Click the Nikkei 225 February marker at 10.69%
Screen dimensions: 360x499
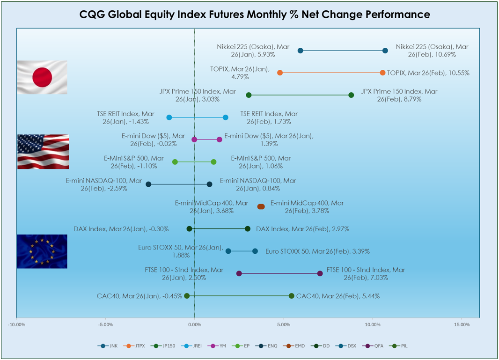[x=385, y=51]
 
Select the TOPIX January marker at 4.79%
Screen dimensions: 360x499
[x=280, y=73]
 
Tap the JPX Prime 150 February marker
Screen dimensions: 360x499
[x=351, y=95]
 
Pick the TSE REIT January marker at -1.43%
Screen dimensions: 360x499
[x=169, y=117]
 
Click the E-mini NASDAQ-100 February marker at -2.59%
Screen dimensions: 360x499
[x=148, y=184]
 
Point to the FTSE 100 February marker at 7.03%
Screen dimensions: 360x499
[x=320, y=273]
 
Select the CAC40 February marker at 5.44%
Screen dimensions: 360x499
[x=292, y=296]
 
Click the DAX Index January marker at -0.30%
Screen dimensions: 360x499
[x=189, y=229]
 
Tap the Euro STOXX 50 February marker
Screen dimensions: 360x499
[x=255, y=251]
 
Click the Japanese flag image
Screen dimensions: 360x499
[x=42, y=77]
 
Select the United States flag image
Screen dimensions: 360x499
[x=43, y=151]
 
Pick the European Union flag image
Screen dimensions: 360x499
[x=42, y=251]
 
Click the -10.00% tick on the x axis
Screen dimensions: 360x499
[x=16, y=324]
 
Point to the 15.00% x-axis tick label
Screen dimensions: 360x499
[x=462, y=324]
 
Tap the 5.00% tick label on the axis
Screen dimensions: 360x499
[x=284, y=324]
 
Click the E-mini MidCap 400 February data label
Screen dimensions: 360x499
[x=307, y=207]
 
